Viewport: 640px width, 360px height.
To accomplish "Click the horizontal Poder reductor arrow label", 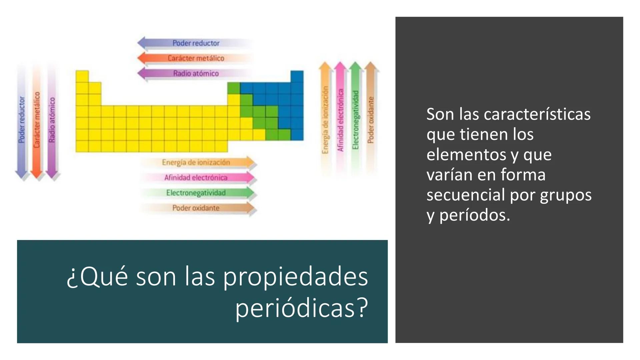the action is (x=196, y=43).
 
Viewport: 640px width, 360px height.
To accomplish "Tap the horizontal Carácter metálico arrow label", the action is (x=196, y=58).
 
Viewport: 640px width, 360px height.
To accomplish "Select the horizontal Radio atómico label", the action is (x=196, y=73).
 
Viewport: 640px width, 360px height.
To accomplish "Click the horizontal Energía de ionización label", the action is (x=196, y=162).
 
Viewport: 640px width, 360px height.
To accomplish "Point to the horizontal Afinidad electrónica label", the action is (x=196, y=178).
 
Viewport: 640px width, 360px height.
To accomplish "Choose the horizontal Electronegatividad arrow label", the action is (x=196, y=193).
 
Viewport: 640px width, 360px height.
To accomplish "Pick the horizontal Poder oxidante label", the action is (x=196, y=208).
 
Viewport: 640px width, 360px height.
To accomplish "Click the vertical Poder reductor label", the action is (x=22, y=120).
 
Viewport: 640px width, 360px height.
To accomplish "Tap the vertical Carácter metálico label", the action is (x=37, y=120).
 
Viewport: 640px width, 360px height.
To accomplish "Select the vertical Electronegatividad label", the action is (x=355, y=120).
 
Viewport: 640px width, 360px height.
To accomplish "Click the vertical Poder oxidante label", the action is (x=371, y=120).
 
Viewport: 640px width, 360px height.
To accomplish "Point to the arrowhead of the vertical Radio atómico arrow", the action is (x=52, y=175).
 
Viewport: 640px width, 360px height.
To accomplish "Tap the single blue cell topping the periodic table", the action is (x=297, y=77).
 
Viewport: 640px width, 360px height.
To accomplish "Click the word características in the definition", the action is (x=537, y=114).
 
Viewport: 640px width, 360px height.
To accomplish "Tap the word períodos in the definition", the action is (x=475, y=215).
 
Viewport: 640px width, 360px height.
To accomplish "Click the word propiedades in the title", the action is (x=295, y=277).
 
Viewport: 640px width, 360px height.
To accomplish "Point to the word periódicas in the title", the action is (x=302, y=307).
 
